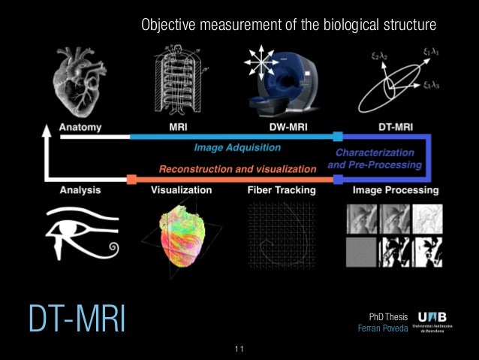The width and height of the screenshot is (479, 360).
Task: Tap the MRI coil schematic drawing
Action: coord(178,80)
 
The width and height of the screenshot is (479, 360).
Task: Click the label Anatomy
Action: coord(80,128)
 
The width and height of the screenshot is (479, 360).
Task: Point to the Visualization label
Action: coord(181,190)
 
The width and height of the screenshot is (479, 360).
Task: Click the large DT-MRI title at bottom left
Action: coord(76,319)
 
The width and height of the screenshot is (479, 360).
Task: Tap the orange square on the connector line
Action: coord(132,180)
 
